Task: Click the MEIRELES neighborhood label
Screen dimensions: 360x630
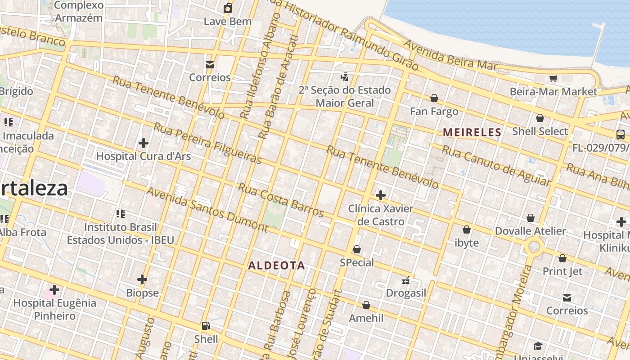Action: pos(472,132)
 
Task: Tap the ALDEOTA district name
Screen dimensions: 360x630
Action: pos(276,265)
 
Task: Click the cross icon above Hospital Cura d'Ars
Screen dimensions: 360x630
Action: pos(144,143)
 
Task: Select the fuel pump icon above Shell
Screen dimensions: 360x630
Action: pos(206,325)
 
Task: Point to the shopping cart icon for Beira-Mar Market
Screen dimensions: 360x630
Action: pos(553,79)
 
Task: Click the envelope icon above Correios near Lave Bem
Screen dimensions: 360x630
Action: pos(209,64)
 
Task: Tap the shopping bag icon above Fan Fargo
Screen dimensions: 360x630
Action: pos(434,98)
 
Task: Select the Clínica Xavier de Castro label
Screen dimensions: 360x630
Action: pos(381,215)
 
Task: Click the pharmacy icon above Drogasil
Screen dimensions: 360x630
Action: pos(406,280)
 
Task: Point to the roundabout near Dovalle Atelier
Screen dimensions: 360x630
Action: pos(534,246)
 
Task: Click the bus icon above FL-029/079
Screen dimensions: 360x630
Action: pos(620,134)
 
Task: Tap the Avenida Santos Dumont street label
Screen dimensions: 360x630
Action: pos(207,209)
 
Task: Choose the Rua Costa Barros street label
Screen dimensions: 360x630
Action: pos(281,199)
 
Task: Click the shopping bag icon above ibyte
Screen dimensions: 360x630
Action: pos(467,229)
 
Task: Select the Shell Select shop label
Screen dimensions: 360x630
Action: pos(540,131)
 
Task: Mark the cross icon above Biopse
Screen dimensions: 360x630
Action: pos(142,279)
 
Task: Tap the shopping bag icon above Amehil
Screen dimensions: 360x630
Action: pos(366,305)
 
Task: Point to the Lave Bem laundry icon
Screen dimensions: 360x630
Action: pos(228,8)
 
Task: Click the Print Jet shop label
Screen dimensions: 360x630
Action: pos(562,271)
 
